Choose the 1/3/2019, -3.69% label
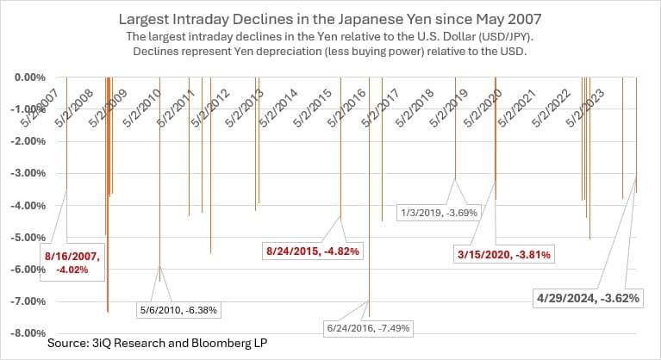click(439, 212)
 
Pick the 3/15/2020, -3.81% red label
click(502, 254)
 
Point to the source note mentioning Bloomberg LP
click(145, 344)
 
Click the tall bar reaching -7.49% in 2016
click(370, 215)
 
